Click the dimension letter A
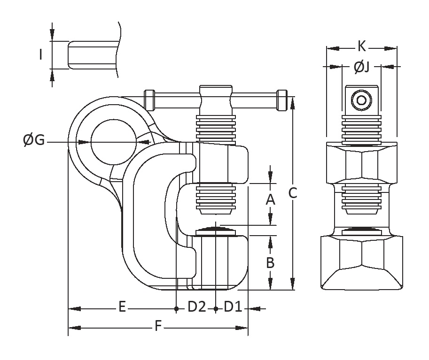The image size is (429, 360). click(270, 200)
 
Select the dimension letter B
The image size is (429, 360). click(270, 263)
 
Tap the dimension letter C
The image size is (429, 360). click(293, 193)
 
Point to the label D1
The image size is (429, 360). click(233, 307)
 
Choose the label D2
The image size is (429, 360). click(196, 307)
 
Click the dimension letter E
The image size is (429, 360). click(122, 307)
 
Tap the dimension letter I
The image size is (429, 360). click(41, 55)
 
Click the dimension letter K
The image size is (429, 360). click(361, 46)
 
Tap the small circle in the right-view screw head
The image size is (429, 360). click(361, 100)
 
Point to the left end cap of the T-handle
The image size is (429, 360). click(150, 100)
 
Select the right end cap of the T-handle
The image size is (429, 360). click(282, 100)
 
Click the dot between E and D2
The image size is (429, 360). click(176, 308)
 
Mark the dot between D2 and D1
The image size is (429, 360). click(215, 308)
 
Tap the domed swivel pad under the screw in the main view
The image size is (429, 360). click(214, 230)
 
